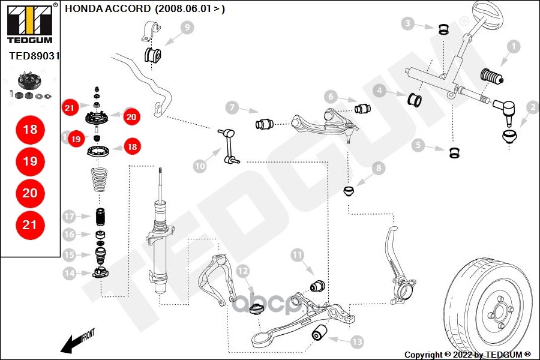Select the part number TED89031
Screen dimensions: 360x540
pos(34,55)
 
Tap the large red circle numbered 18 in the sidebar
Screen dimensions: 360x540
pos(30,130)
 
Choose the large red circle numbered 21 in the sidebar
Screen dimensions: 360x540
pos(30,224)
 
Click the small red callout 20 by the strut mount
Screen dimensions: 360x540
pos(131,117)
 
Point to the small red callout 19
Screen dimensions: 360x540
pos(75,139)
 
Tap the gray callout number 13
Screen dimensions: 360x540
pos(356,342)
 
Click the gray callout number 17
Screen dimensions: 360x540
pos(69,216)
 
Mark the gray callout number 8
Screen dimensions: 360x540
pos(378,169)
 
